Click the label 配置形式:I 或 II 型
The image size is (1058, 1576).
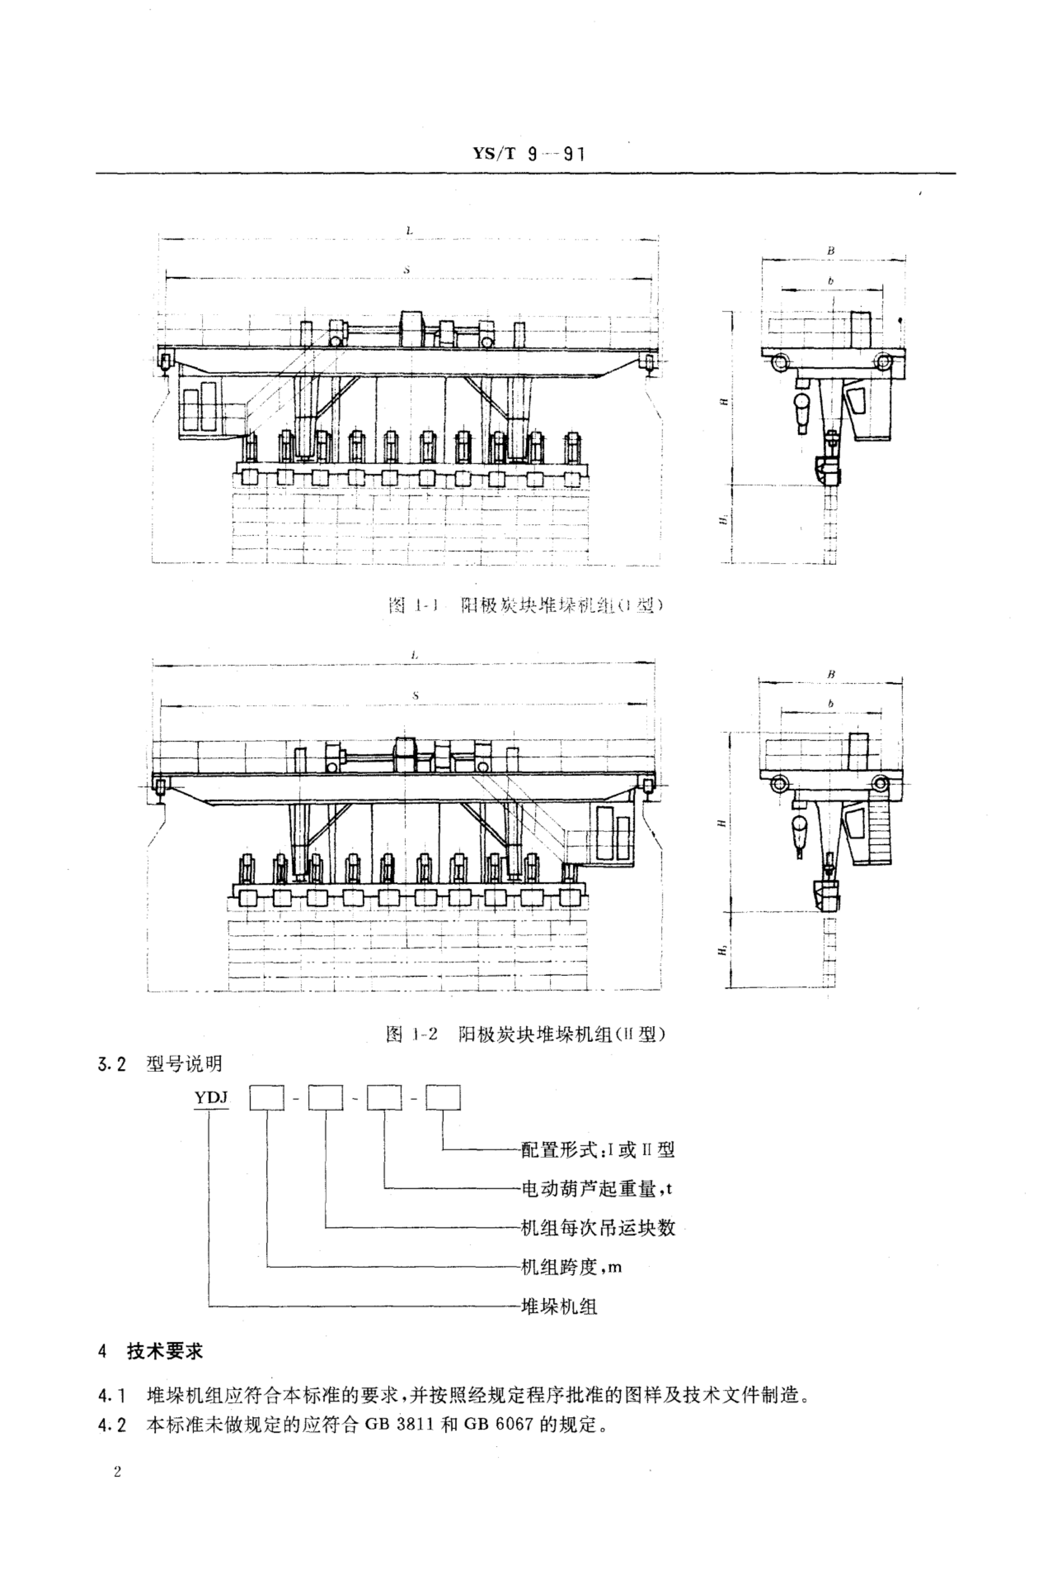(597, 1149)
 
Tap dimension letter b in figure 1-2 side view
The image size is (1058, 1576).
(831, 703)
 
